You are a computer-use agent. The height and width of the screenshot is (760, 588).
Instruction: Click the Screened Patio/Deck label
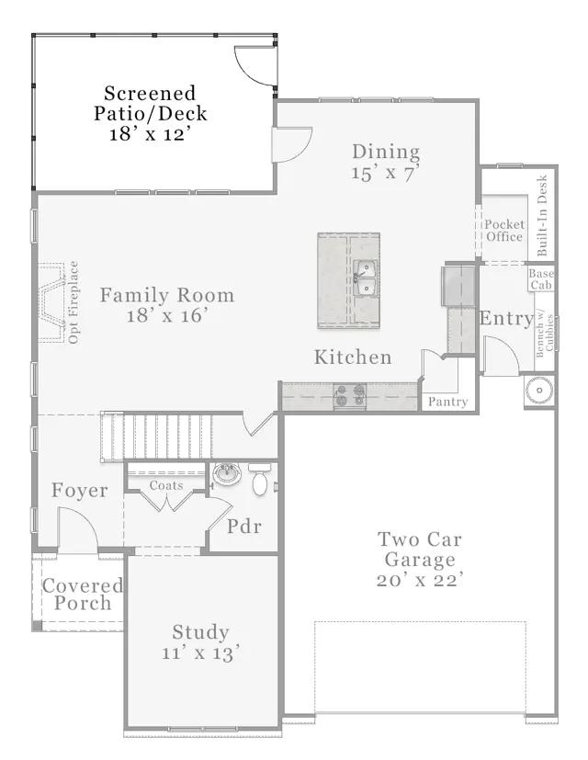[151, 103]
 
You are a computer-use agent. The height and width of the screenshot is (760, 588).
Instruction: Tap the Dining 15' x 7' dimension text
[386, 173]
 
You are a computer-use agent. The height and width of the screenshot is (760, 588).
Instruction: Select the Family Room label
[167, 295]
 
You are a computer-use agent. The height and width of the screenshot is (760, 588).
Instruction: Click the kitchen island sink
[366, 278]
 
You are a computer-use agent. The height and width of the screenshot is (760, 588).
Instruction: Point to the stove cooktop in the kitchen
[349, 394]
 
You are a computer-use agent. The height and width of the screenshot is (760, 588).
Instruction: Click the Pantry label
[448, 402]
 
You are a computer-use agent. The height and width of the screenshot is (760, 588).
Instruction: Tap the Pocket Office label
[504, 231]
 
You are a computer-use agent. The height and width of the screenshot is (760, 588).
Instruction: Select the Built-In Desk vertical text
[542, 215]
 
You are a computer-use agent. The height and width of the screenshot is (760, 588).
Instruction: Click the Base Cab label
[541, 279]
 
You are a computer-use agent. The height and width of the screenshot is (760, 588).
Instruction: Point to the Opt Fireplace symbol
[52, 302]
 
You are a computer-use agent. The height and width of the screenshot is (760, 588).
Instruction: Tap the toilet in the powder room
[260, 479]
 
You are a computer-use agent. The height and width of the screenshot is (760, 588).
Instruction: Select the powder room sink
[227, 474]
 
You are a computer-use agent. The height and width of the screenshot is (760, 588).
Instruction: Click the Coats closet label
[166, 485]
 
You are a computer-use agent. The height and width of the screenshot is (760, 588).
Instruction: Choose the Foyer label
[80, 490]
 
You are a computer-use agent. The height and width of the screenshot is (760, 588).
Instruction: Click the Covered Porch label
[83, 595]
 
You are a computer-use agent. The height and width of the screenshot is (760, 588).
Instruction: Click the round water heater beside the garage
[539, 390]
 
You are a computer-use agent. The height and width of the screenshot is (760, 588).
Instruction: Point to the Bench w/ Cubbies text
[545, 334]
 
